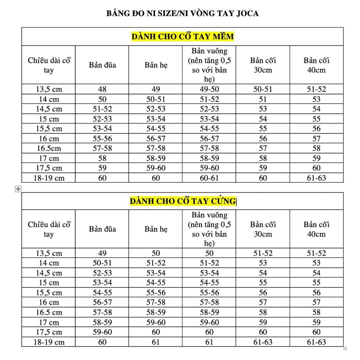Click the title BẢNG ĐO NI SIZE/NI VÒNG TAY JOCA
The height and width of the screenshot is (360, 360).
coord(182,14)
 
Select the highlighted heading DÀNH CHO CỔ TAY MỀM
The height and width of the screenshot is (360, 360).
coord(182,37)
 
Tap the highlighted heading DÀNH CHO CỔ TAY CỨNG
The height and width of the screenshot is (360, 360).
coord(182,201)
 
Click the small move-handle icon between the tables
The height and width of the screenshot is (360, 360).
coord(18,189)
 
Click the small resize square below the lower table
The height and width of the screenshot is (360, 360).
coord(345,348)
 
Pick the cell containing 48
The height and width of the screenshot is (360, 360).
coord(102,89)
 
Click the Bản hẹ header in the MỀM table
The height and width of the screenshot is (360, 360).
coord(156,65)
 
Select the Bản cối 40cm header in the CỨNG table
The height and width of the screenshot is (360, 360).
coord(316,229)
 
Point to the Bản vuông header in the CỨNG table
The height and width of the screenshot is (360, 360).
coord(209,229)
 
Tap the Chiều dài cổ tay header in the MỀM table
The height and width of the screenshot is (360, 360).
coord(49,65)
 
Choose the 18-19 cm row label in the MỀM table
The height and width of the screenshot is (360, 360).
coord(49,178)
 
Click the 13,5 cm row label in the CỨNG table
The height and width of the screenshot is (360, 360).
coord(49,253)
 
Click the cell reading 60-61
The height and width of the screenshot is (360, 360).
coord(209,178)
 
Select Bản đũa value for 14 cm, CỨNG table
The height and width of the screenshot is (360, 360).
coord(102,263)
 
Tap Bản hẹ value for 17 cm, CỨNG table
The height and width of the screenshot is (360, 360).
coord(156,322)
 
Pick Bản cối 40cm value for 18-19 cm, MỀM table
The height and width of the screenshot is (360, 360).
coord(316,178)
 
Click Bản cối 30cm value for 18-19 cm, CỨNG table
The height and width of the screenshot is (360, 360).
coord(263,342)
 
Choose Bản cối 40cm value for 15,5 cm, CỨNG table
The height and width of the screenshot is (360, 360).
coord(316,292)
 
